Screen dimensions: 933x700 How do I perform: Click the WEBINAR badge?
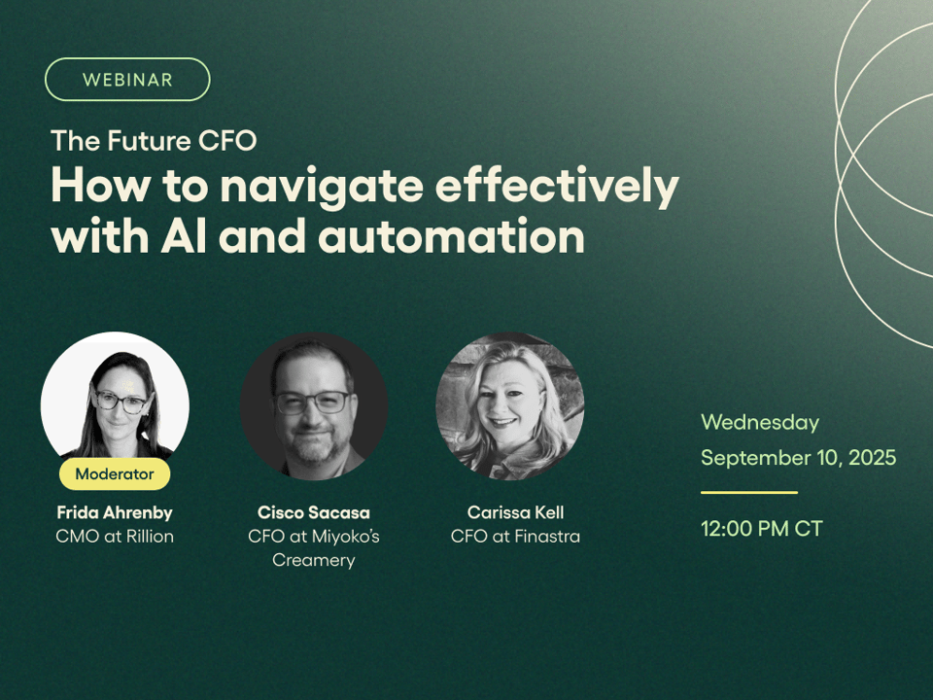[127, 79]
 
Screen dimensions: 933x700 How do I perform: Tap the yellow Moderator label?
[115, 473]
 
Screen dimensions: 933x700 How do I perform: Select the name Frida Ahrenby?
[115, 512]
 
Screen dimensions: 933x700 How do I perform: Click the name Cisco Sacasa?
[314, 512]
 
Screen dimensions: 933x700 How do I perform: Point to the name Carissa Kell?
[515, 512]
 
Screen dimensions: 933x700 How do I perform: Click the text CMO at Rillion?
[115, 537]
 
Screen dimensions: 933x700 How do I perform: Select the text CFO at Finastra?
[515, 537]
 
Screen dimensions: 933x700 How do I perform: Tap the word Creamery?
[314, 560]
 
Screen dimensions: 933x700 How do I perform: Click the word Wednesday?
[760, 423]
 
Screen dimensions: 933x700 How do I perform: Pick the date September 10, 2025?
[799, 457]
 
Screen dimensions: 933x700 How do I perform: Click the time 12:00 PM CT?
[762, 529]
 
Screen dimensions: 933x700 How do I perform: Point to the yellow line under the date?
[749, 492]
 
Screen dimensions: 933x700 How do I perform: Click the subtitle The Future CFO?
[155, 141]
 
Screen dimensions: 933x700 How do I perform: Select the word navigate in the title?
[322, 187]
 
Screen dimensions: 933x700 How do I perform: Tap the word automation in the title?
[451, 236]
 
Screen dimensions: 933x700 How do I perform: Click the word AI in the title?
[184, 236]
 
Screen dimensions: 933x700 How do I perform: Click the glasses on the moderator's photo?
[122, 402]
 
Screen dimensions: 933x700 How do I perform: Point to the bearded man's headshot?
[314, 406]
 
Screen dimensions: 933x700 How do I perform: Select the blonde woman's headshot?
[510, 406]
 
